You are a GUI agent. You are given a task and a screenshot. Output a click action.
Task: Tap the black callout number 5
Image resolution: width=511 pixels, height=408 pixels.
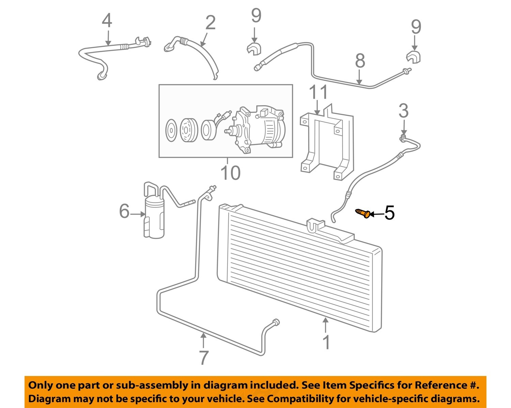pyautogui.click(x=389, y=213)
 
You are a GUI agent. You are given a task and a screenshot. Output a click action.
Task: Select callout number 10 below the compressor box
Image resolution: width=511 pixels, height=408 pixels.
pyautogui.click(x=231, y=173)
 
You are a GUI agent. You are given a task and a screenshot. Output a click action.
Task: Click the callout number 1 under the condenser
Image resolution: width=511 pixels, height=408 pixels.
pyautogui.click(x=326, y=342)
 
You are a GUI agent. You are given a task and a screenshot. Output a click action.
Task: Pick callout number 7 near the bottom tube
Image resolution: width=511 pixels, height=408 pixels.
pyautogui.click(x=203, y=358)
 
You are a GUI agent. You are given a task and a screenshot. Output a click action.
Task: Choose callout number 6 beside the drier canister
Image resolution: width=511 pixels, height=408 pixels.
pyautogui.click(x=124, y=211)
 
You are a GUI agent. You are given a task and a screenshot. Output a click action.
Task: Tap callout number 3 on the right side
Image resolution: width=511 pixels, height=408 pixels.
pyautogui.click(x=404, y=111)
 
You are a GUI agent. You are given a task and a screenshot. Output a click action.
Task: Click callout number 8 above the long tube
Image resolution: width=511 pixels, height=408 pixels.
pyautogui.click(x=360, y=61)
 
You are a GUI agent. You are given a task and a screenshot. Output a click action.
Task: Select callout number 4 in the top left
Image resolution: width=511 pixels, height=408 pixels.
pyautogui.click(x=107, y=21)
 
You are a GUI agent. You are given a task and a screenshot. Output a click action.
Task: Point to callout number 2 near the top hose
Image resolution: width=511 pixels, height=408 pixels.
pyautogui.click(x=211, y=23)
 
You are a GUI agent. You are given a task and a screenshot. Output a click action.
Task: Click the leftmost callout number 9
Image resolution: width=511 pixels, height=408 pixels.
pyautogui.click(x=256, y=16)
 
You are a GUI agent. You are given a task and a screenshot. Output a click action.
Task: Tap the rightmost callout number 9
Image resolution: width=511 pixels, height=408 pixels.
pyautogui.click(x=416, y=27)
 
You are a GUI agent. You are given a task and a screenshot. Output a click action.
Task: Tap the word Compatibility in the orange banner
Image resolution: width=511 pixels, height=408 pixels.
pyautogui.click(x=302, y=398)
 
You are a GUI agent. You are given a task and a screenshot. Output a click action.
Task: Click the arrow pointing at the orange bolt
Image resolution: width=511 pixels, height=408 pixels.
pyautogui.click(x=377, y=214)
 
